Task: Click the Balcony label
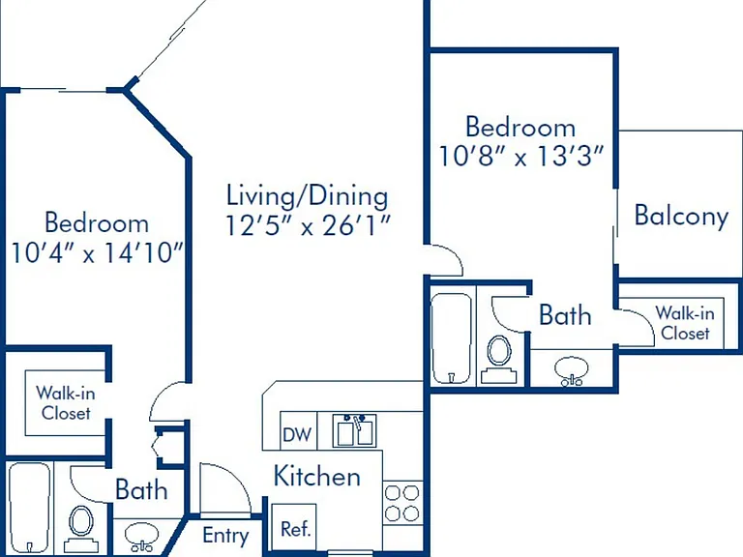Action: (681, 217)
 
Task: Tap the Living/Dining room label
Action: (307, 196)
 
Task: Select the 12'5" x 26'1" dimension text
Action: (307, 225)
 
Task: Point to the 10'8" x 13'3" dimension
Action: (521, 156)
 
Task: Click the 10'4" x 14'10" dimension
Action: (97, 252)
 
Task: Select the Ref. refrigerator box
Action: (294, 528)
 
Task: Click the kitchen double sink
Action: (354, 430)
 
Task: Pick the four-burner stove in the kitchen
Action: (401, 503)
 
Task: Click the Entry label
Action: (225, 536)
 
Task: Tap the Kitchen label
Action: (317, 476)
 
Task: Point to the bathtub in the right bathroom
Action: (452, 338)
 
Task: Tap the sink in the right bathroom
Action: (571, 370)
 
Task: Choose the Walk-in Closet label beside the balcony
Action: (685, 323)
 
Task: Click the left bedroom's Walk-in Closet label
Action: (66, 403)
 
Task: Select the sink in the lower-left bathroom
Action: (141, 536)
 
